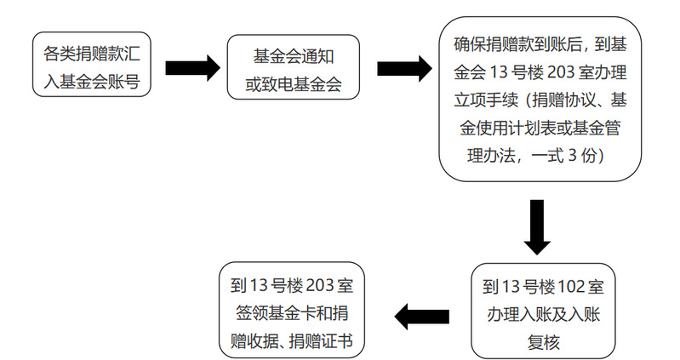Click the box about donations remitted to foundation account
tap(91, 66)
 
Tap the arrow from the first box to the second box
tap(191, 68)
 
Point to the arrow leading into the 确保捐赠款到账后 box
tap(403, 68)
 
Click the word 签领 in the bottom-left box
tap(246, 312)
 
